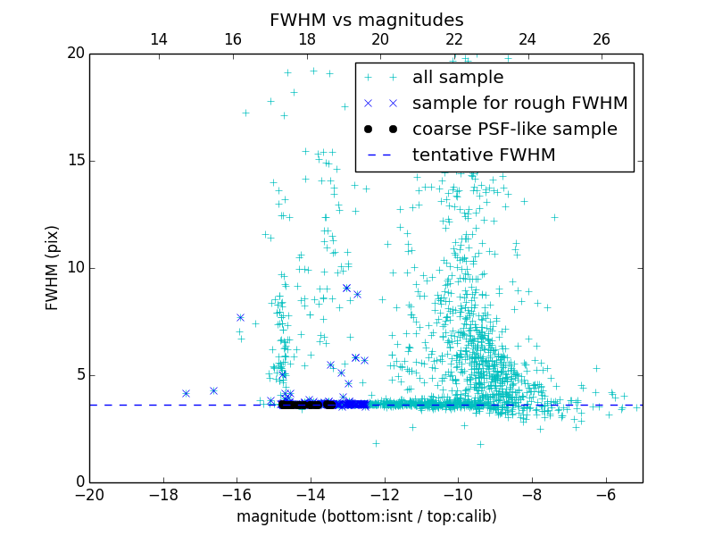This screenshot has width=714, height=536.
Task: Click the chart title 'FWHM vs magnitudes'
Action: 366,20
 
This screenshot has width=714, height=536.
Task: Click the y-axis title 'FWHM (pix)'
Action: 53,267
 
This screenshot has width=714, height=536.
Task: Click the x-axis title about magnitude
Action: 366,516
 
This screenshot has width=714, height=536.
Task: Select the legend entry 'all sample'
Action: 458,78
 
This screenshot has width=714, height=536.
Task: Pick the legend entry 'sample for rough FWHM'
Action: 519,104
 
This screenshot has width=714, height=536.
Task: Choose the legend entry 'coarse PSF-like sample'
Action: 514,130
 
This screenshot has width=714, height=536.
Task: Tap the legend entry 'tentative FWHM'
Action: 483,155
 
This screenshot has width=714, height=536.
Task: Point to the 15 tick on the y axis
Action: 89,161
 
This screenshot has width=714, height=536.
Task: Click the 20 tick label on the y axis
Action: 74,54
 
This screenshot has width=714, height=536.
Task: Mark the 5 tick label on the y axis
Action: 79,375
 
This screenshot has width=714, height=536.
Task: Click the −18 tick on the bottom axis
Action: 163,482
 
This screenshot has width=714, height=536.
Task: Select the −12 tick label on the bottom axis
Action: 385,494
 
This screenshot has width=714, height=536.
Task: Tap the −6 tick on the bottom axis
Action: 606,482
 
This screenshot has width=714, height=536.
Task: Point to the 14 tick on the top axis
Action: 159,54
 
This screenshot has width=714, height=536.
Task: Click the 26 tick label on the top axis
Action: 602,39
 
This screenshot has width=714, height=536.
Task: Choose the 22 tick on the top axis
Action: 454,54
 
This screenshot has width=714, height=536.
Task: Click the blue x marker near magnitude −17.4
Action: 186,393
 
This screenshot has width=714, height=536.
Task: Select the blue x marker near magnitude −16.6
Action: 213,390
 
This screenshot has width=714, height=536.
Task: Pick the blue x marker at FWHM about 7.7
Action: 240,317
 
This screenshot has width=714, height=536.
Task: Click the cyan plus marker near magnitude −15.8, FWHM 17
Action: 245,113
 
